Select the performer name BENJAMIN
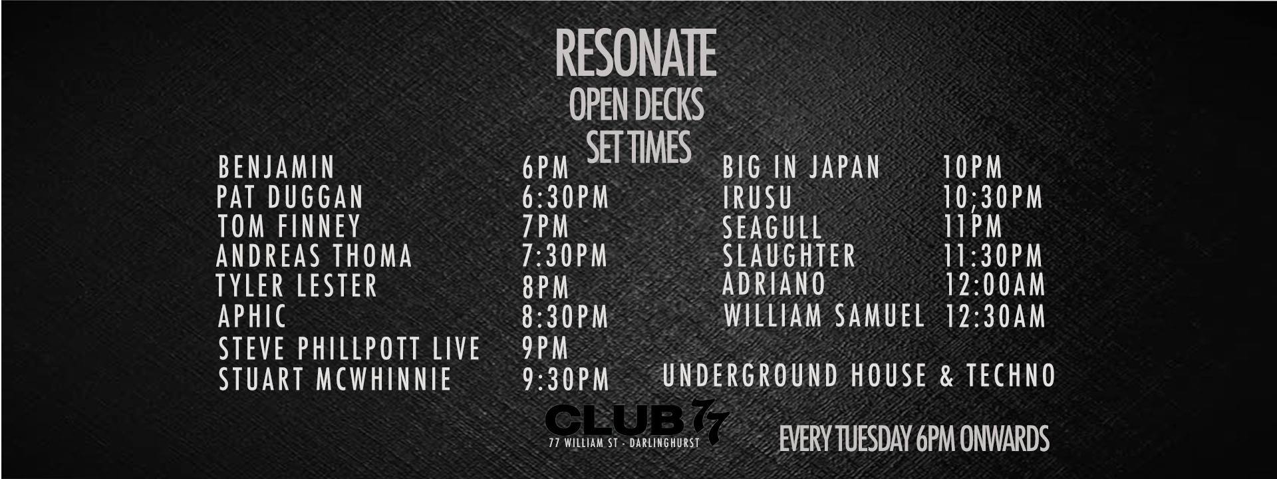pos(276,168)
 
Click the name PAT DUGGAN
pos(290,198)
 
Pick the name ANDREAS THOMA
pos(314,256)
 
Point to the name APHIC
pos(252,316)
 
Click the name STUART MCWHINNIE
pos(335,380)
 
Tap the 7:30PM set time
pos(565,257)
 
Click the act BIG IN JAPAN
pos(801,168)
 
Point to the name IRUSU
pos(758,198)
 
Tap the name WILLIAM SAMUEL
pos(824,316)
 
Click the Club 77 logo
pos(637,419)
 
